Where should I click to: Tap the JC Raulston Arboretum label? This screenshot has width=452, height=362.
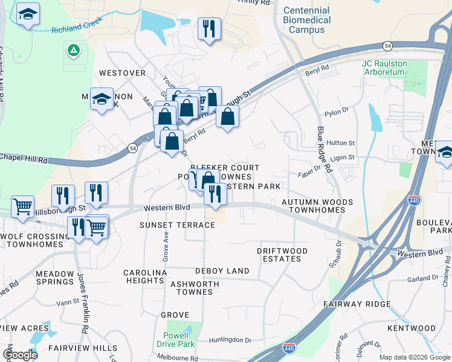[x=384, y=68]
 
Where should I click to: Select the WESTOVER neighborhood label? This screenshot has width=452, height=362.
[x=123, y=73]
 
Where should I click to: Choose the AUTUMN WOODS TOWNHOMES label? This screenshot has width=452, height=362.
[x=317, y=206]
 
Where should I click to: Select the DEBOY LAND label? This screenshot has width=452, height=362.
[x=222, y=271]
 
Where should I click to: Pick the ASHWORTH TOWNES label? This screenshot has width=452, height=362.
[x=191, y=288]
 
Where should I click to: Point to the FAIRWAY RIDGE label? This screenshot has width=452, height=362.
[x=357, y=304]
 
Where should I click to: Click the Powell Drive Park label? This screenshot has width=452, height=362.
[x=179, y=340]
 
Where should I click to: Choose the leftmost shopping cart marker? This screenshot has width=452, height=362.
[x=22, y=206]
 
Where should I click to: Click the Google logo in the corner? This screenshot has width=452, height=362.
[x=20, y=355]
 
